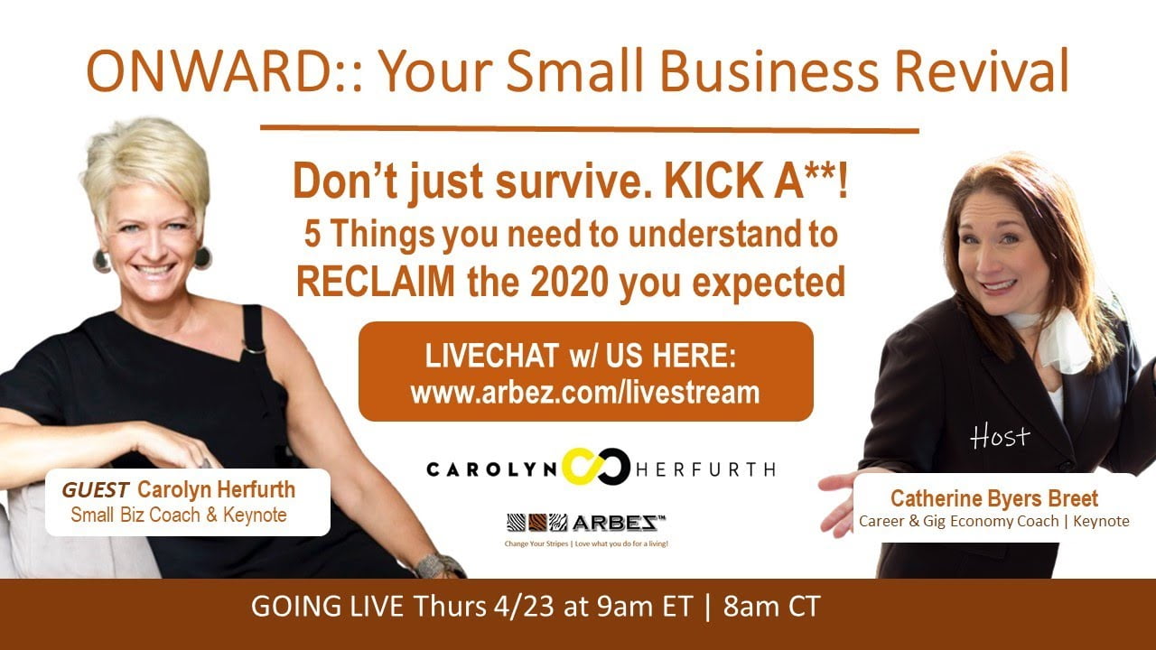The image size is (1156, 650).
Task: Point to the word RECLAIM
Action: (376, 283)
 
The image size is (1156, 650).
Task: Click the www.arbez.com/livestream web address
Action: (585, 393)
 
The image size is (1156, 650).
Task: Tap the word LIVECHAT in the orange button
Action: (491, 356)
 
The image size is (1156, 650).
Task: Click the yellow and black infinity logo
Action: (596, 467)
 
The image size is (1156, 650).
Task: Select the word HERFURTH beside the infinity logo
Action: (705, 469)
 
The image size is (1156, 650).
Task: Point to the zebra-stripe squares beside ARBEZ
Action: (536, 523)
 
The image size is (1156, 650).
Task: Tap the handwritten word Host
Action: (1000, 436)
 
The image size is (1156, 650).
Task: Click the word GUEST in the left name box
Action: (96, 489)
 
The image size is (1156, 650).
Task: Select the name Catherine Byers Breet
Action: (994, 498)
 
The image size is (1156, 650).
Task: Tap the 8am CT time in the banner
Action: (771, 607)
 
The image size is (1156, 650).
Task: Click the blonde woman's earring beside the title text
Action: (203, 258)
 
